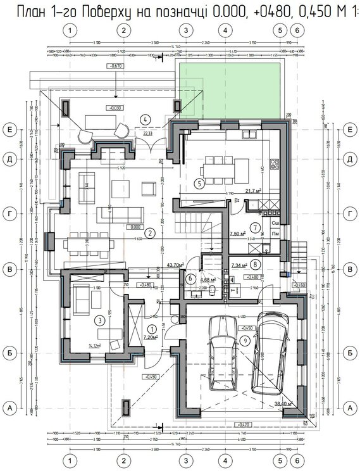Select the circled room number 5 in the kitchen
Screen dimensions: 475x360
pos(199,184)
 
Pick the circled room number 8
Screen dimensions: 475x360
pos(254,264)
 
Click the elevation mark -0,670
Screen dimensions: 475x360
pos(115,66)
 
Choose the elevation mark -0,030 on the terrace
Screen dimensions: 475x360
pos(115,107)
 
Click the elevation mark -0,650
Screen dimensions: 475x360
pos(151,376)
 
